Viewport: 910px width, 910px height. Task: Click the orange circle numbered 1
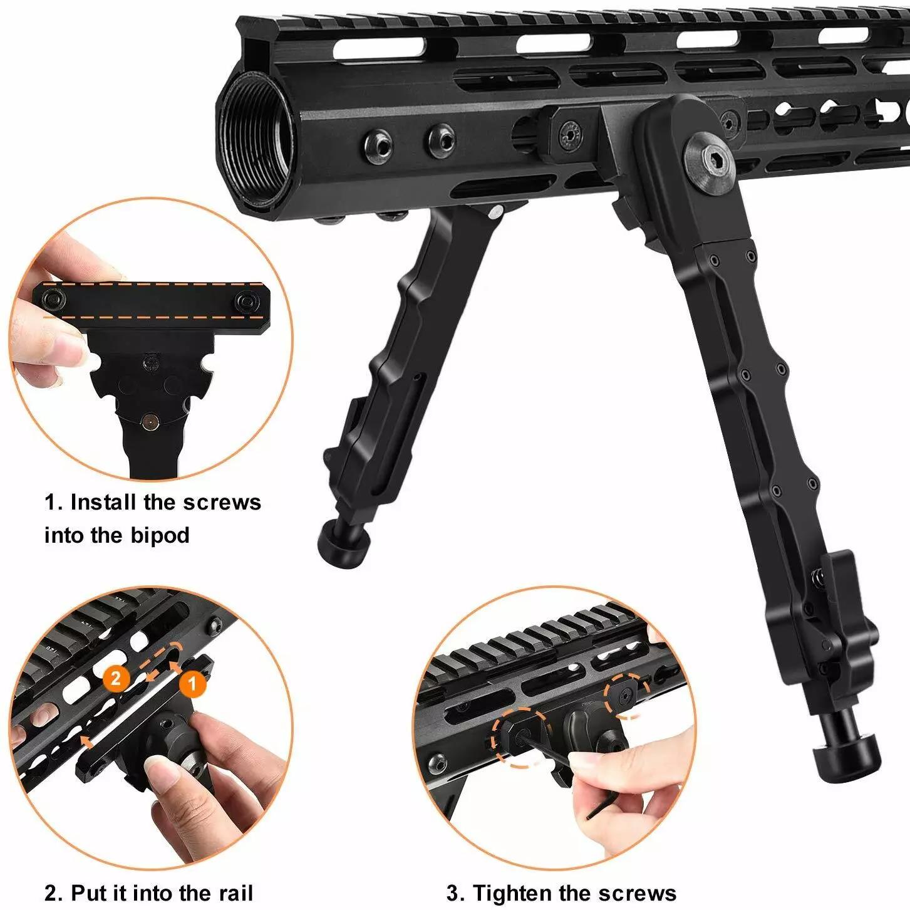[192, 684]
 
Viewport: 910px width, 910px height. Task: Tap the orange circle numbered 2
[116, 677]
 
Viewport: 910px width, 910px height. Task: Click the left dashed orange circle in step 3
[520, 737]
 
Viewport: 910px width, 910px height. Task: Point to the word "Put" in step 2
[87, 892]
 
